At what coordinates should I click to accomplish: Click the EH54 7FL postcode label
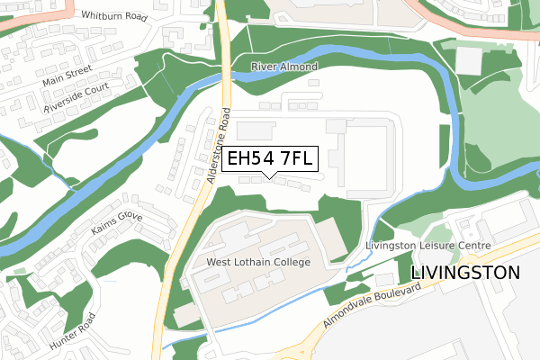click(x=270, y=159)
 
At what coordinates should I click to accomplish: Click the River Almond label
click(x=283, y=67)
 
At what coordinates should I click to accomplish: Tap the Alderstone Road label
click(x=220, y=147)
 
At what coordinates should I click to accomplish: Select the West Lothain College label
click(x=258, y=262)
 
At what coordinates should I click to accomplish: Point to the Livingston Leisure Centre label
click(x=427, y=245)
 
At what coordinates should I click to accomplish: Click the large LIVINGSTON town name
click(x=465, y=272)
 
